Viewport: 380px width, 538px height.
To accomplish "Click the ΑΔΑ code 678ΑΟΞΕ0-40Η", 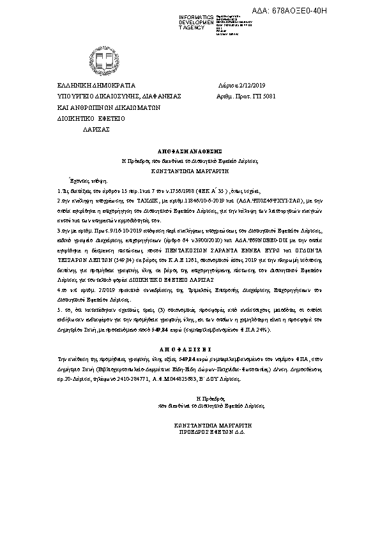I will pos(335,11).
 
